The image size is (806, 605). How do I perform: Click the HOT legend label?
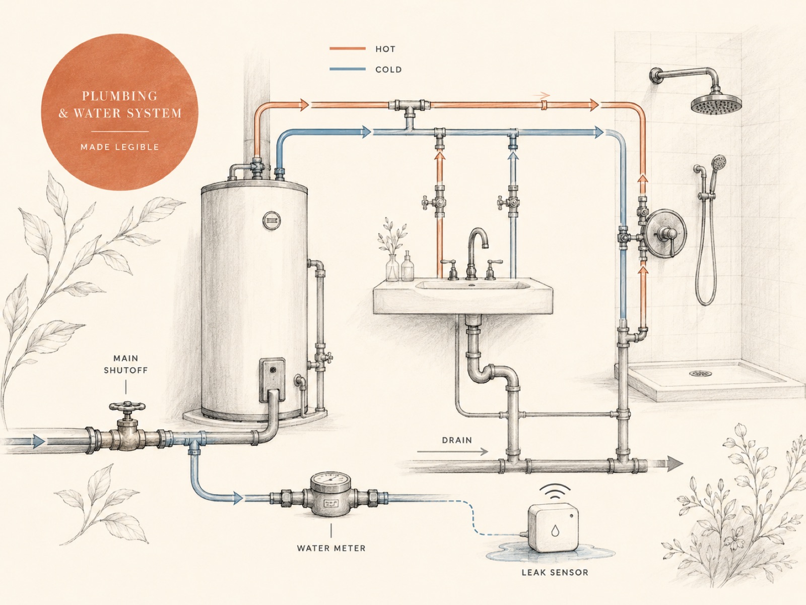pos(385,49)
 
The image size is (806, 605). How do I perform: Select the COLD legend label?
pos(388,70)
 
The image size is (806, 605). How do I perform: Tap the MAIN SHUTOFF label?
pos(125,364)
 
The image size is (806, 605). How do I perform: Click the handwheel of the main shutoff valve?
pos(127,407)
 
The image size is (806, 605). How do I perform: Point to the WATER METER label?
pos(331,549)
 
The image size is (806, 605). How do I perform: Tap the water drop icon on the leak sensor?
pos(555,530)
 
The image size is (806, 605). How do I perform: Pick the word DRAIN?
pos(457,440)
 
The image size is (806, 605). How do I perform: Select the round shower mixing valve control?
pos(665,232)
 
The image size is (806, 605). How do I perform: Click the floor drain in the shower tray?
pos(700,374)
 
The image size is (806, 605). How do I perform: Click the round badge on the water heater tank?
pos(272,221)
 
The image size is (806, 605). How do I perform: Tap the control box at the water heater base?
pos(273,380)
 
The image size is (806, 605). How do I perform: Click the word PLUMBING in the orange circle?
pos(120,96)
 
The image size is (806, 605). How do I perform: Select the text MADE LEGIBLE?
pos(120,147)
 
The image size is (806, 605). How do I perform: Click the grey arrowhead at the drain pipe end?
pos(675,463)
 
